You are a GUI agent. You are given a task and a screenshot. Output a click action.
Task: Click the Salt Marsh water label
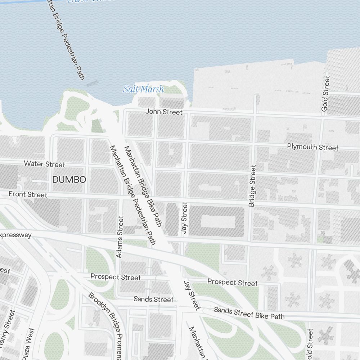pyautogui.click(x=143, y=89)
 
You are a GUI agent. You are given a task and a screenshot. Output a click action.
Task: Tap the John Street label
pyautogui.click(x=164, y=112)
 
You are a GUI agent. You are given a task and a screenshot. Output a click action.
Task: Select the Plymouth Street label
pyautogui.click(x=312, y=147)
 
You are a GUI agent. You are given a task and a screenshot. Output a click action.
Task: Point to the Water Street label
pyautogui.click(x=44, y=164)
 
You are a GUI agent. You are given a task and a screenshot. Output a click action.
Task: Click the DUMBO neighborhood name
pyautogui.click(x=69, y=180)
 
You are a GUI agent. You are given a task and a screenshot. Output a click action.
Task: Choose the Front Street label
pyautogui.click(x=28, y=194)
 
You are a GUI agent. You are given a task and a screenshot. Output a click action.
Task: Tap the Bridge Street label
pyautogui.click(x=252, y=186)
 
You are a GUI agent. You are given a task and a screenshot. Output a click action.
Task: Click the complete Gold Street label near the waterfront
pyautogui.click(x=325, y=94)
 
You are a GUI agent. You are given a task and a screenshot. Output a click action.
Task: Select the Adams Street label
pyautogui.click(x=120, y=237)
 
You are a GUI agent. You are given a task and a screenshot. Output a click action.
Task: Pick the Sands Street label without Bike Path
pyautogui.click(x=153, y=299)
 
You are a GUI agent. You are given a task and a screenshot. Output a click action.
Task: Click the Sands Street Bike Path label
pyautogui.click(x=249, y=313)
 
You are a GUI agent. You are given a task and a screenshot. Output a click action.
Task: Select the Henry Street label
pyautogui.click(x=8, y=329)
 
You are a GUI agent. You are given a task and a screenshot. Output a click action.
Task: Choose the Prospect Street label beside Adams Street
pyautogui.click(x=115, y=277)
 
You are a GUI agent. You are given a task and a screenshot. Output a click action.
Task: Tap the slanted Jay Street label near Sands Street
pyautogui.click(x=192, y=295)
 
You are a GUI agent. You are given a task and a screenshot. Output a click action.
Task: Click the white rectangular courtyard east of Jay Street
pyautogui.click(x=218, y=222)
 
